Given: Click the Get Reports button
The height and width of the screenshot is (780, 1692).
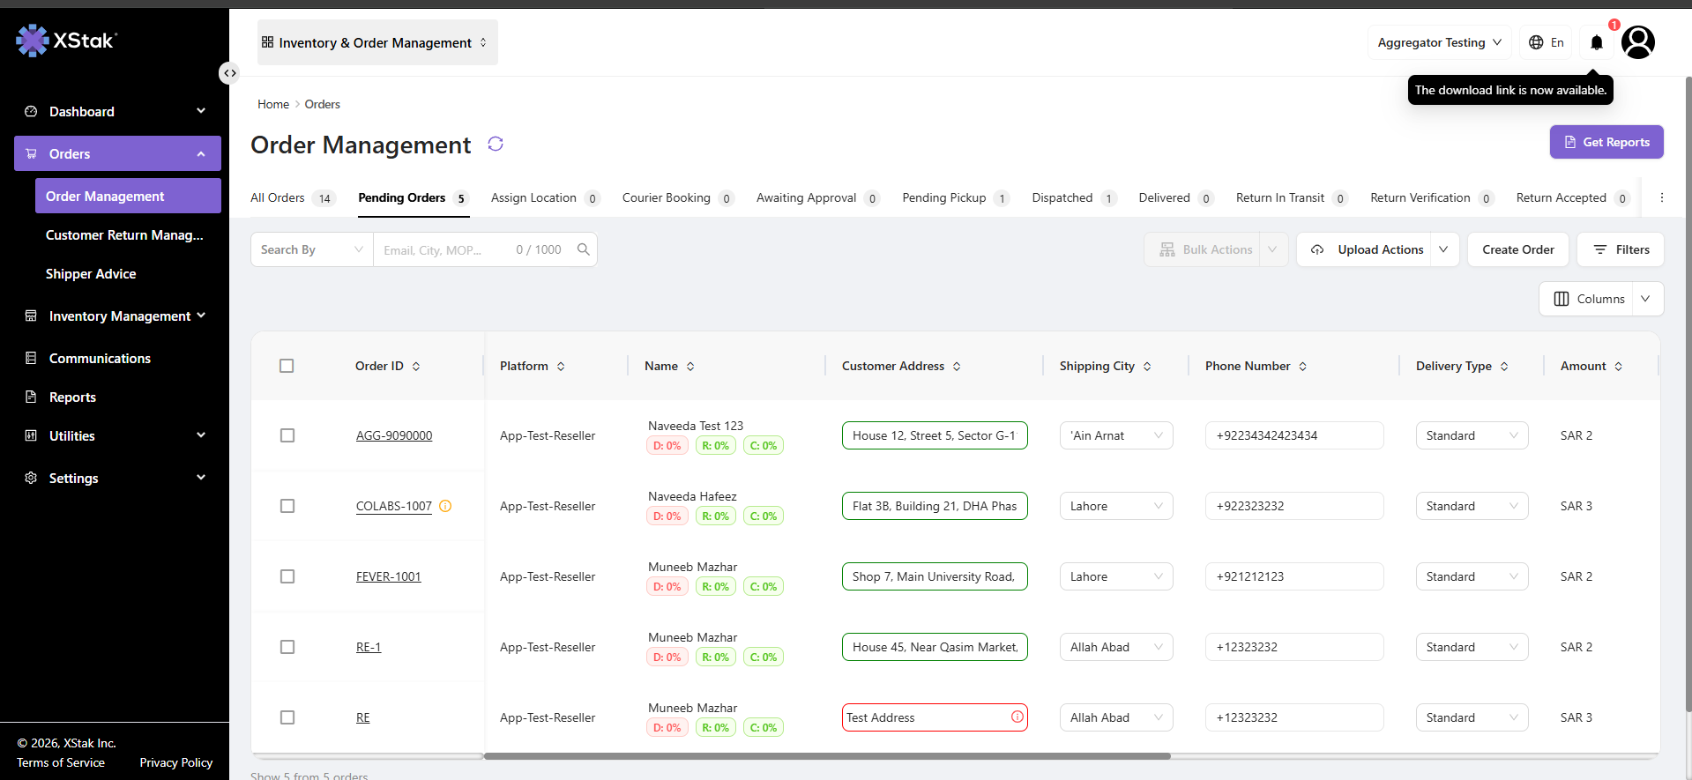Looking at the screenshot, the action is [x=1606, y=142].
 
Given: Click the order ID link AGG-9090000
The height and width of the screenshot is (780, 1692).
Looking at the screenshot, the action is [x=394, y=435].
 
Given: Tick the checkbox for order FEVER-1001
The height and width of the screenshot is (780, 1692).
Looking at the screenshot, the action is [x=287, y=576].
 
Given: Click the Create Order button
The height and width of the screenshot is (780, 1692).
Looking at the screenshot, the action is [x=1518, y=249].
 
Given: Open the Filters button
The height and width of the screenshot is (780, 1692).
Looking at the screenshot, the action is [x=1621, y=249].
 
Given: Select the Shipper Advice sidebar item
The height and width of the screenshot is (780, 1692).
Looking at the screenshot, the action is [x=91, y=274].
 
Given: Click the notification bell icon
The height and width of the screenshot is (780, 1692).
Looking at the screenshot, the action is [x=1597, y=42].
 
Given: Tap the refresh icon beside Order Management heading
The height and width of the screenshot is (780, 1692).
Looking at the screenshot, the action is [x=496, y=144].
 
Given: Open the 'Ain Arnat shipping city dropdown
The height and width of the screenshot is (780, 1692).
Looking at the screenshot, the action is [x=1116, y=435].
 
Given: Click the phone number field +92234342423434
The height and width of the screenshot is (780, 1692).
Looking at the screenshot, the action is [x=1294, y=435].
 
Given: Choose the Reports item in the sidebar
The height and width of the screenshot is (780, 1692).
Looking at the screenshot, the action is [x=72, y=397].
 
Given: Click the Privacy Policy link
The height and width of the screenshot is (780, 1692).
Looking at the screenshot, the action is [x=176, y=762].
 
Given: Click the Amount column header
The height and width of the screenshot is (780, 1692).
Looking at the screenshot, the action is [x=1584, y=366].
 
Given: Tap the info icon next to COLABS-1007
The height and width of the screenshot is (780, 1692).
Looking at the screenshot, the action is [x=445, y=506].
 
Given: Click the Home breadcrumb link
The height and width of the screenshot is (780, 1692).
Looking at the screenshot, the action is [x=273, y=104].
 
